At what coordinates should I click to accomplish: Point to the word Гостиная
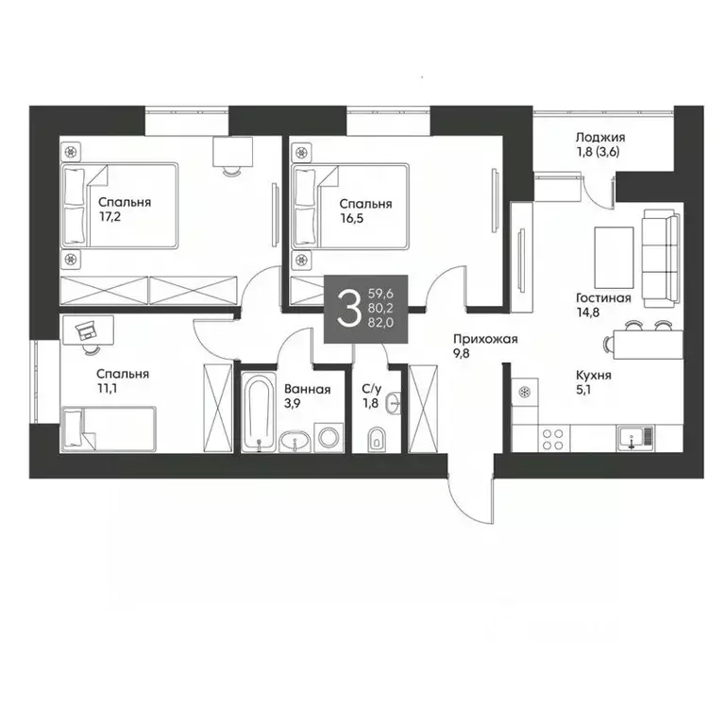click(x=602, y=298)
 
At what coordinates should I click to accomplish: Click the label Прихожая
click(x=484, y=340)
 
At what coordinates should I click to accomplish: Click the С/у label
click(x=371, y=389)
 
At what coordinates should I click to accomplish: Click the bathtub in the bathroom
click(x=256, y=413)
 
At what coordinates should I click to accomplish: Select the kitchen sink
click(x=632, y=436)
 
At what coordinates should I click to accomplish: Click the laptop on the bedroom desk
click(x=85, y=329)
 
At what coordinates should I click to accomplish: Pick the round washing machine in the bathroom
click(x=329, y=438)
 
